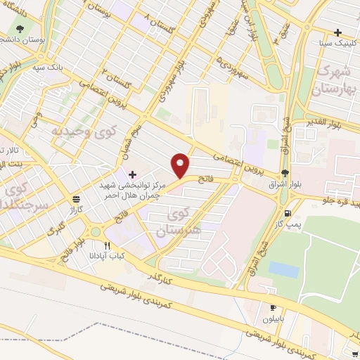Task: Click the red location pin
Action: tap(181, 165)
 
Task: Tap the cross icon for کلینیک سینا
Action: tap(340, 32)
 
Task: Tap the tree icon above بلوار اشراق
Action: tap(284, 173)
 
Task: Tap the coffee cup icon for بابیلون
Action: tap(274, 307)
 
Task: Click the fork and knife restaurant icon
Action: tap(108, 246)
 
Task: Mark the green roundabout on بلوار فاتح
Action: tap(94, 232)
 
